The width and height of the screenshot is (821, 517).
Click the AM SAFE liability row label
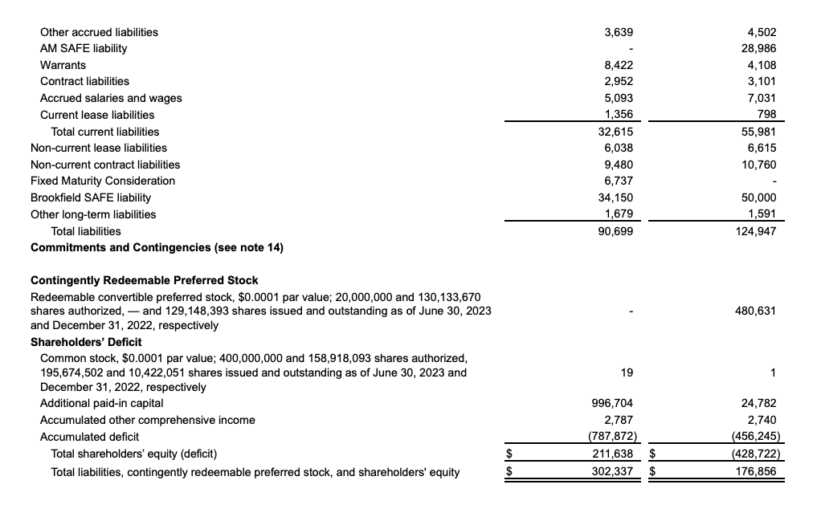click(84, 48)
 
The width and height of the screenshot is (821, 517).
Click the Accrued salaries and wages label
click(111, 98)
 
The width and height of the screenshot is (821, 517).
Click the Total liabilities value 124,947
click(758, 231)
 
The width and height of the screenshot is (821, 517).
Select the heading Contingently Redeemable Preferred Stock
click(145, 280)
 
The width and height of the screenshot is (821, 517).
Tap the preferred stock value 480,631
click(758, 311)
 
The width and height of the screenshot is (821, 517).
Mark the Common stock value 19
click(628, 372)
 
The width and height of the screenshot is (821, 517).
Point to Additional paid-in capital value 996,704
click(615, 404)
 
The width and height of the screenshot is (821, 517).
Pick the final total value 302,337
click(615, 471)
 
